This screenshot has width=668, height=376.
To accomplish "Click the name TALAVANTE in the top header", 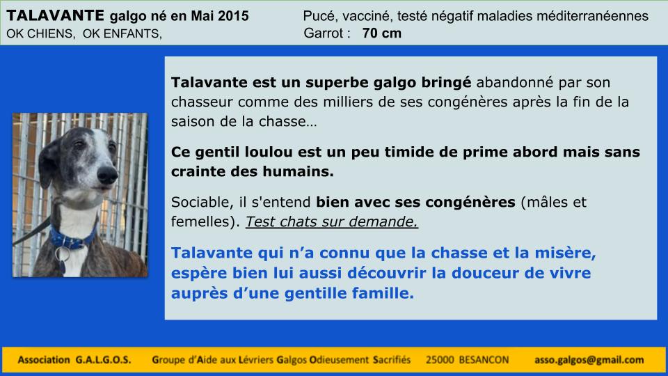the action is [55, 16].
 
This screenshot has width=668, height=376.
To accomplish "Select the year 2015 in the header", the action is [234, 16].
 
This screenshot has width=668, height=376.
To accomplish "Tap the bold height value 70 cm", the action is [382, 33].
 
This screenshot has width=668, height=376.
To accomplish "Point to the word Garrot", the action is [324, 33].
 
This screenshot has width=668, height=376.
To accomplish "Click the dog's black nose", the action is [107, 174].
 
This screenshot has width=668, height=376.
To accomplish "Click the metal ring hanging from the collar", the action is [62, 254].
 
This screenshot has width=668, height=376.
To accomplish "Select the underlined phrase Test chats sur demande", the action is [331, 221].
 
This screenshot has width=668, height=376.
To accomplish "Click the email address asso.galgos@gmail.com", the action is [589, 360].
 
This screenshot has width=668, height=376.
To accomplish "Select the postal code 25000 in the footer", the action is [440, 360].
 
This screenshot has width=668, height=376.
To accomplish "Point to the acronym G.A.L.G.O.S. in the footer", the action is [103, 360].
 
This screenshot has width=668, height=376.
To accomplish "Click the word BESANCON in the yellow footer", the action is [484, 360].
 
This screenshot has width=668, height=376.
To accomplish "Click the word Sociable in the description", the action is [202, 202].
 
